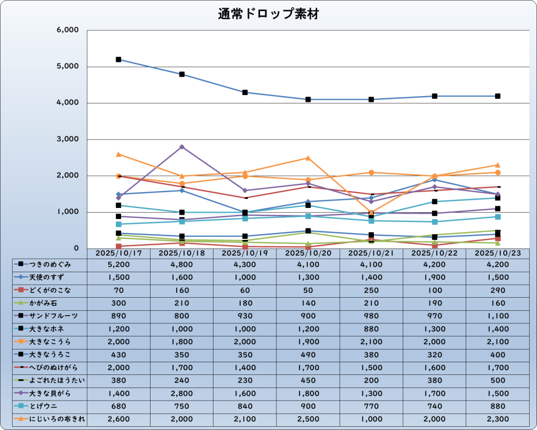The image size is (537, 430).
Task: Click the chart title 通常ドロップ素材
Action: click(x=268, y=15)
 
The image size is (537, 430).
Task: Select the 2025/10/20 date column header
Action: click(x=308, y=253)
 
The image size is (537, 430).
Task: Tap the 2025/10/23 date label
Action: click(x=497, y=253)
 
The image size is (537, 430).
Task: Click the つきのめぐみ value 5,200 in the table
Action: click(x=119, y=265)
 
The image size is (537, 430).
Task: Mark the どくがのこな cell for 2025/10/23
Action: click(x=497, y=290)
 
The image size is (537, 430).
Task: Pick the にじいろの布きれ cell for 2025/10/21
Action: click(x=371, y=418)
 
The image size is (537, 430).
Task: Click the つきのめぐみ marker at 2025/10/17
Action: click(x=119, y=60)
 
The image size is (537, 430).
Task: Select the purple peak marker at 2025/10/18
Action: click(x=182, y=147)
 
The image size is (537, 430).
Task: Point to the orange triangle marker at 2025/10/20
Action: click(x=308, y=158)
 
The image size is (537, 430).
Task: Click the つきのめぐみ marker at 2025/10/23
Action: click(x=497, y=96)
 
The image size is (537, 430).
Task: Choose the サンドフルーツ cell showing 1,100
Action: click(x=497, y=316)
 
